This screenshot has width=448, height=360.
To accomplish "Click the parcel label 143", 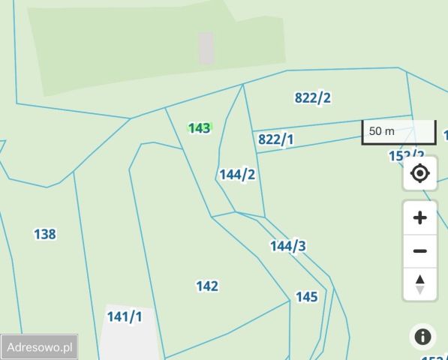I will point(200,128).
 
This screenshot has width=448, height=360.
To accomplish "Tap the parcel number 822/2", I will point(313,97).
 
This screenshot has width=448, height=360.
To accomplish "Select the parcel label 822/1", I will point(276,139).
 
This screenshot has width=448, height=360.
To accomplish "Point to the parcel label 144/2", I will point(237,175).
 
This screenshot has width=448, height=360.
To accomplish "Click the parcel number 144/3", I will point(288,246).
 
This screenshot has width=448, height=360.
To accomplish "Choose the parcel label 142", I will point(207,286).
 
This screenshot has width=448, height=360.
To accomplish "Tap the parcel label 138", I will point(45,235).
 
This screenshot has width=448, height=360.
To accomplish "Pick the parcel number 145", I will point(306,297).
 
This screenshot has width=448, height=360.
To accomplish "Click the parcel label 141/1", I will point(124,316).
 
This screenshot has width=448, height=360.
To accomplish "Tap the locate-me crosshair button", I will point(420,174).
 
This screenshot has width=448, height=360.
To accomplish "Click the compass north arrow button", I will point(420,284).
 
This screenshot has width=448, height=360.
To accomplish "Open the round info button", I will point(422,337).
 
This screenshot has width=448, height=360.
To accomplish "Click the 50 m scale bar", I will point(398,132).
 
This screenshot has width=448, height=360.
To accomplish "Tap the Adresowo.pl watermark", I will point(39,347).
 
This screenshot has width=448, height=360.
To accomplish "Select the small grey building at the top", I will point(206,48).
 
